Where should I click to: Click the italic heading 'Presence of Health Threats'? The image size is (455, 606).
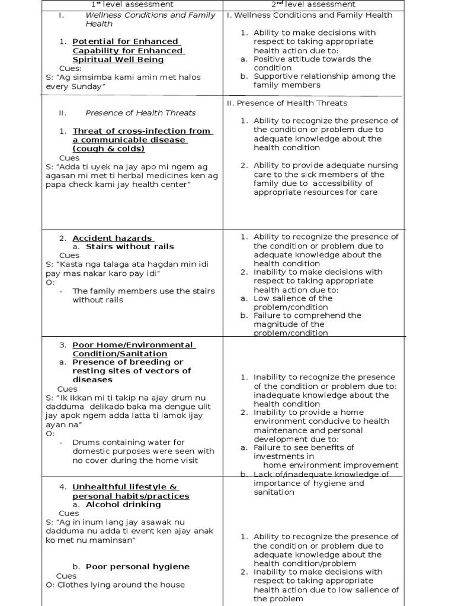[140, 113]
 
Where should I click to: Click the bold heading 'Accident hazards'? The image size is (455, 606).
[112, 238]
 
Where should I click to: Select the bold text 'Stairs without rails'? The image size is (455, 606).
[130, 246]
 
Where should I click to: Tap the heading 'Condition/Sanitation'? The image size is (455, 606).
[111, 353]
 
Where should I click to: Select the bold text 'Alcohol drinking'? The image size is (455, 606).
[123, 505]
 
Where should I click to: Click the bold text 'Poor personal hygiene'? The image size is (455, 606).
[137, 566]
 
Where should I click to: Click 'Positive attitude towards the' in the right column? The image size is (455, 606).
[312, 59]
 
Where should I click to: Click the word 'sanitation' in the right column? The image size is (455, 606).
[274, 492]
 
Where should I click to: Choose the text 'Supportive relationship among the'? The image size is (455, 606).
[324, 76]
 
